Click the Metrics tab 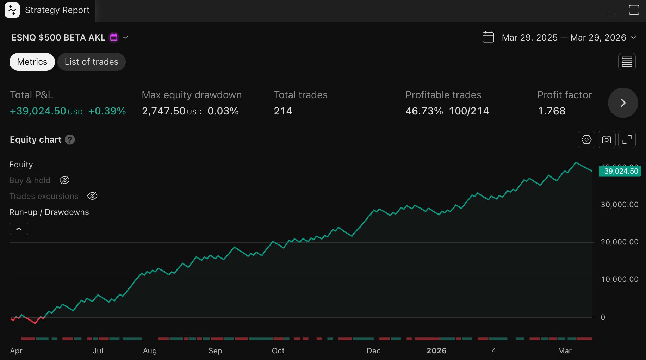click(x=32, y=62)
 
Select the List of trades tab click(x=91, y=62)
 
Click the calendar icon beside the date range click(x=488, y=37)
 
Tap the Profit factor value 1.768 click(x=551, y=111)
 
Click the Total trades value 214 click(x=283, y=111)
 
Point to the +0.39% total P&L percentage click(x=107, y=111)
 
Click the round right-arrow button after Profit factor click(x=622, y=103)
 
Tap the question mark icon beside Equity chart click(x=70, y=140)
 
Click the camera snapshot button click(x=606, y=140)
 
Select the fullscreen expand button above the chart click(x=627, y=140)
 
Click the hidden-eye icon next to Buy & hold click(x=64, y=180)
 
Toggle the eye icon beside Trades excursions click(x=92, y=196)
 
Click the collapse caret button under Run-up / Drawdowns click(x=19, y=229)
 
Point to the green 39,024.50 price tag click(x=620, y=171)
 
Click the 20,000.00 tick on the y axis click(x=619, y=242)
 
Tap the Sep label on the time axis click(x=215, y=351)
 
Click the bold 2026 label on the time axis click(x=436, y=351)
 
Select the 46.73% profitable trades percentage click(x=424, y=111)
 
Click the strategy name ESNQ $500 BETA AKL click(x=58, y=37)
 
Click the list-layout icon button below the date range click(x=627, y=62)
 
